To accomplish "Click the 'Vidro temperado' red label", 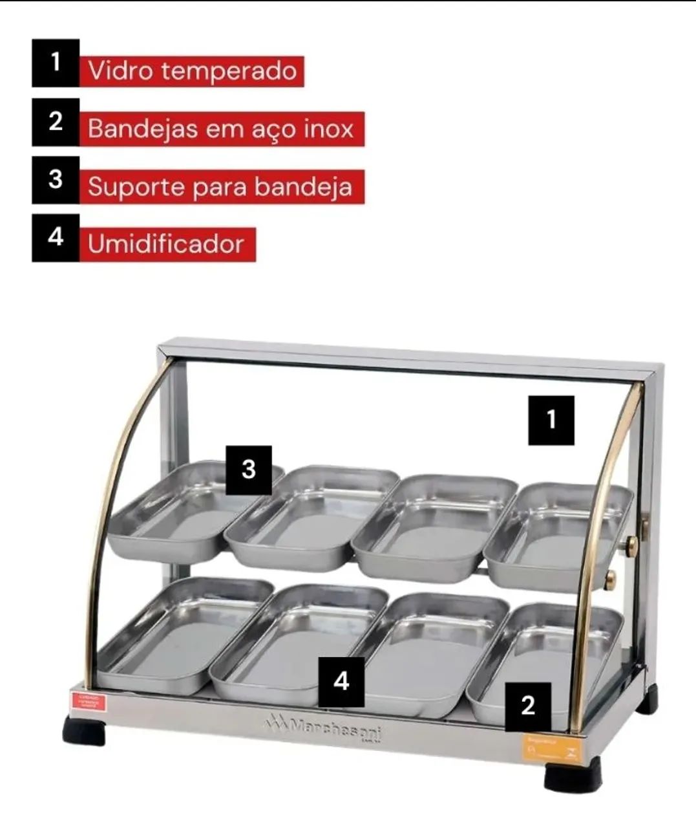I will (x=191, y=71).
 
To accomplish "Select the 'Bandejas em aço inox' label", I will (x=221, y=129).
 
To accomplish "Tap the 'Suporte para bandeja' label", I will (x=221, y=187).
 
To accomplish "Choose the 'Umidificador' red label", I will (x=167, y=245).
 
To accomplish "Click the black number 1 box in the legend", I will (x=56, y=63).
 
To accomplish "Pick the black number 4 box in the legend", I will (x=56, y=237).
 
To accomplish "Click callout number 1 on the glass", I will (x=551, y=420).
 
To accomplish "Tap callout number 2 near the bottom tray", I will (x=527, y=706).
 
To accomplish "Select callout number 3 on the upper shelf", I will (x=249, y=470).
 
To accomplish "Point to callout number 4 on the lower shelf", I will (x=341, y=682).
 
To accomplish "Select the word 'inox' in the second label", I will (x=330, y=129).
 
